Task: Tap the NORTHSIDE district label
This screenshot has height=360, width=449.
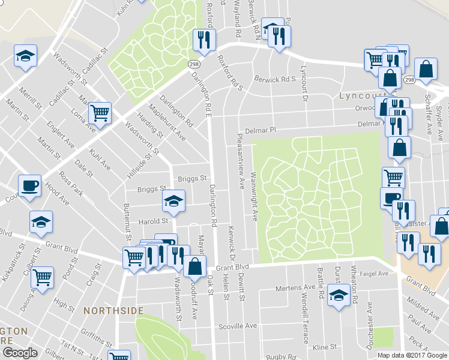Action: [113, 310]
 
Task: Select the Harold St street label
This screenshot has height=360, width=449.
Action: [152, 221]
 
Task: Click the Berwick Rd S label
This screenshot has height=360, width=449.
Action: [276, 79]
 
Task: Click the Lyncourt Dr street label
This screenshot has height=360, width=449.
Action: [304, 83]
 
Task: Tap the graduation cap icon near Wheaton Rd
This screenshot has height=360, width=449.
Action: [339, 295]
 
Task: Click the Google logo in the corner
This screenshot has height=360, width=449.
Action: [20, 353]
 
